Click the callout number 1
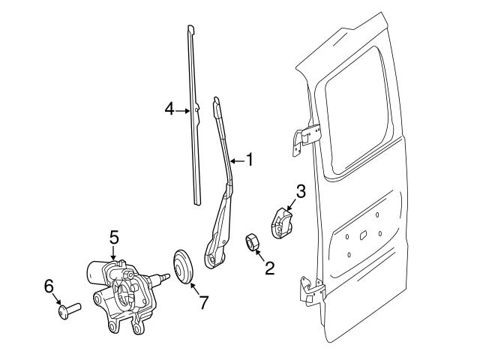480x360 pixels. pos(250,160)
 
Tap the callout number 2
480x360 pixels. pos(269,268)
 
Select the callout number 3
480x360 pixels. pos(301,191)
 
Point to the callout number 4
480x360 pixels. pos(169,109)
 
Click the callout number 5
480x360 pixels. pos(114,238)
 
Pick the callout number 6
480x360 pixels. pos(49,286)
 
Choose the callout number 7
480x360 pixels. pos(204,302)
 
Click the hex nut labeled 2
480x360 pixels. pos(252,241)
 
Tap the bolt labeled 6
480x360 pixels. pos(69,310)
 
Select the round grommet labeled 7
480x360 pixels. pos(183,266)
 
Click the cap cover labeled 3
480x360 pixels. pos(281,223)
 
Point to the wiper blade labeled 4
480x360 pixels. pos(195,115)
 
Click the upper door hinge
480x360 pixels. pos(306,138)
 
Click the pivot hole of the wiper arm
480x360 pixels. pos(211,261)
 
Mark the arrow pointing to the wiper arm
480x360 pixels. pos(238,160)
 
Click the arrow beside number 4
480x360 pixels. pos(183,111)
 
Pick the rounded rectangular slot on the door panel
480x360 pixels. pos(363,235)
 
